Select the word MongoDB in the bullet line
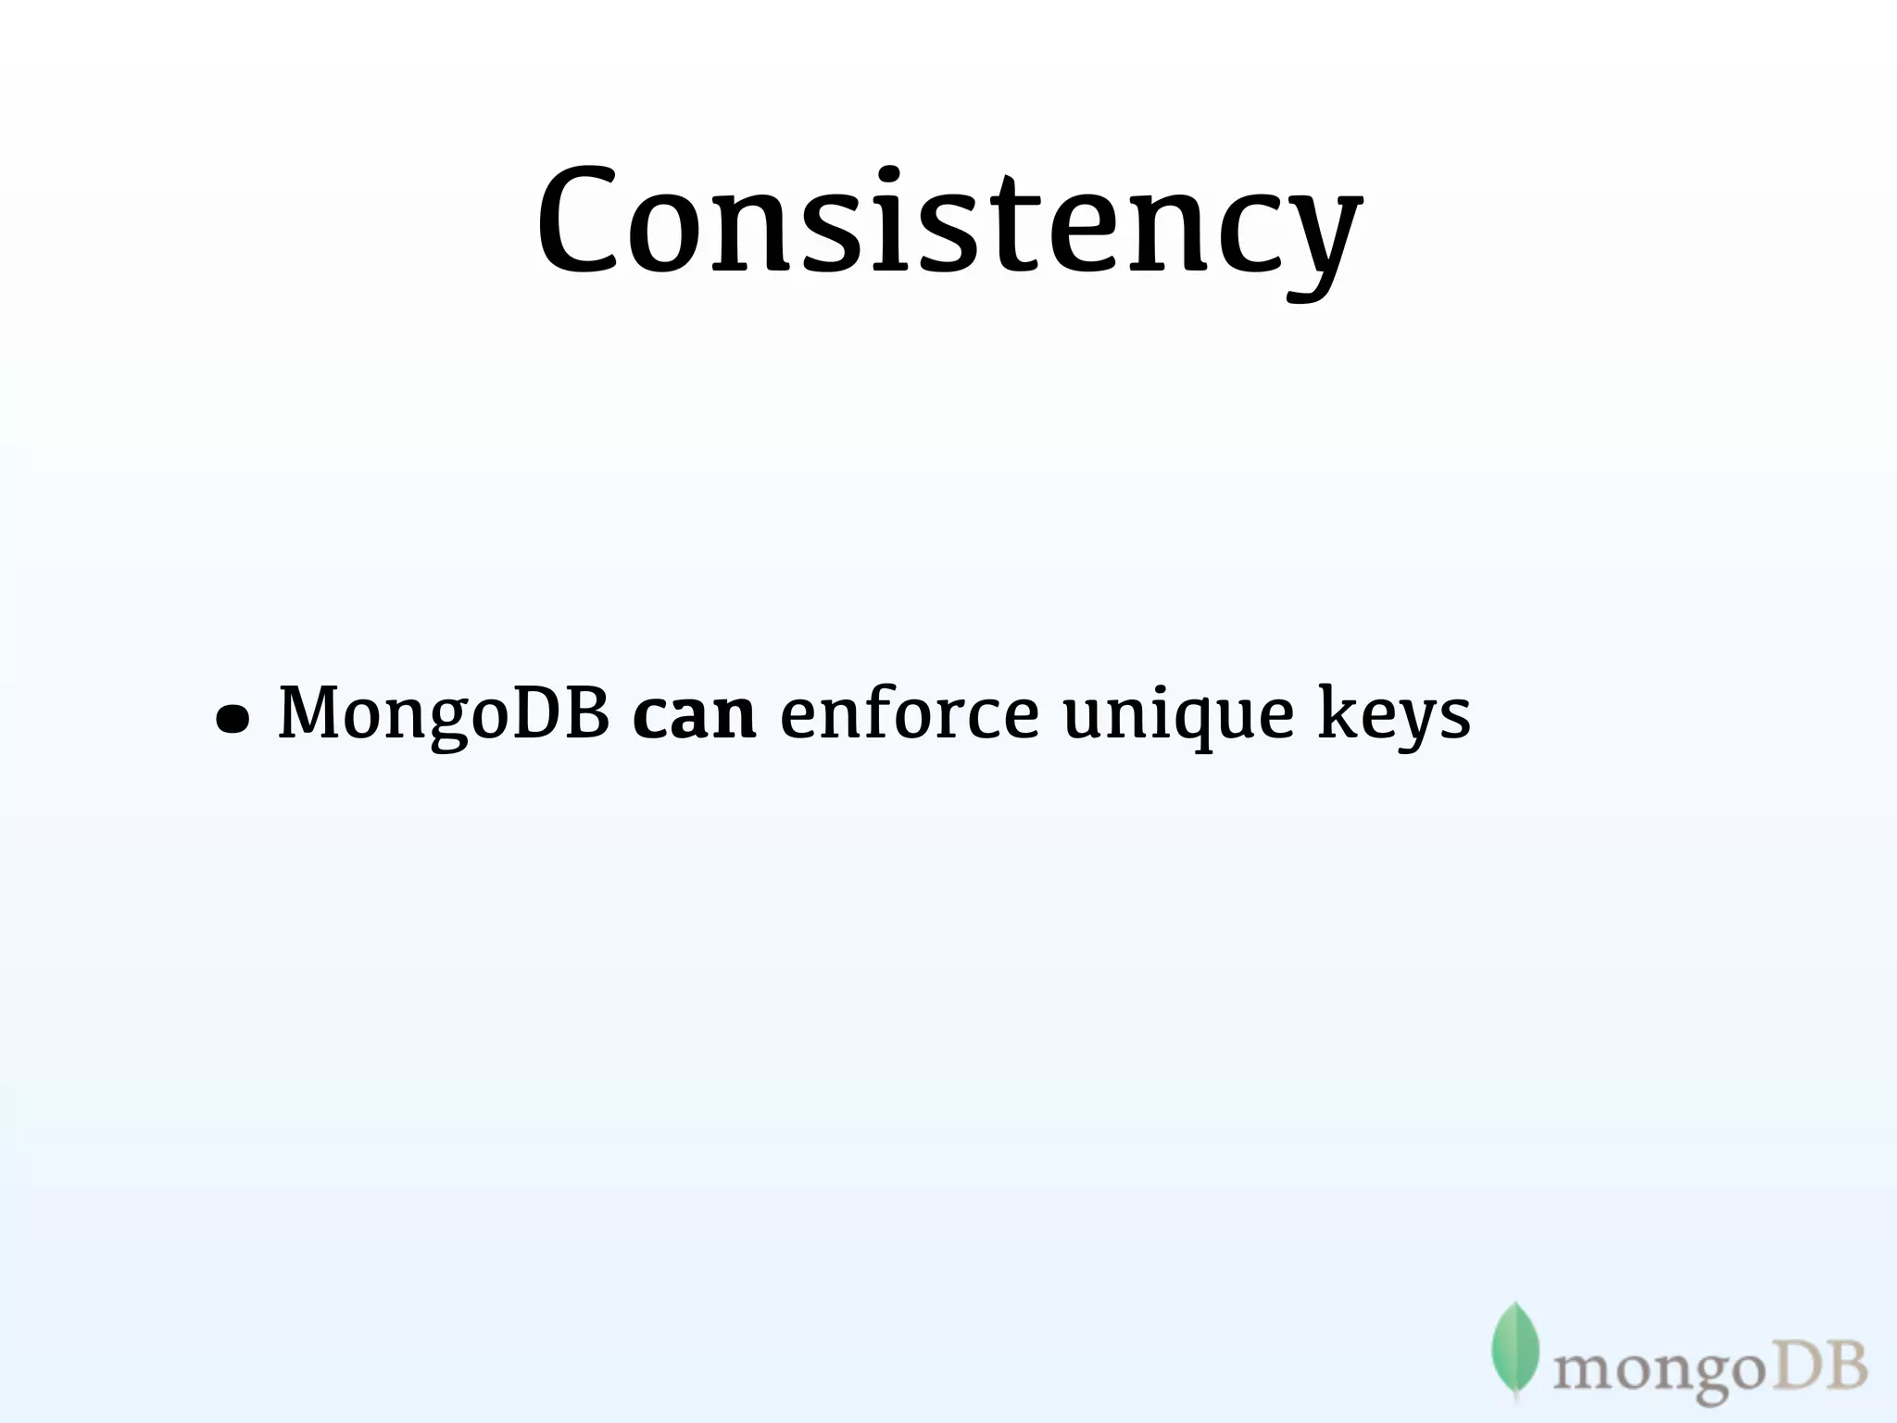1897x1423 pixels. [444, 713]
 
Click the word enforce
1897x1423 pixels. [909, 713]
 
